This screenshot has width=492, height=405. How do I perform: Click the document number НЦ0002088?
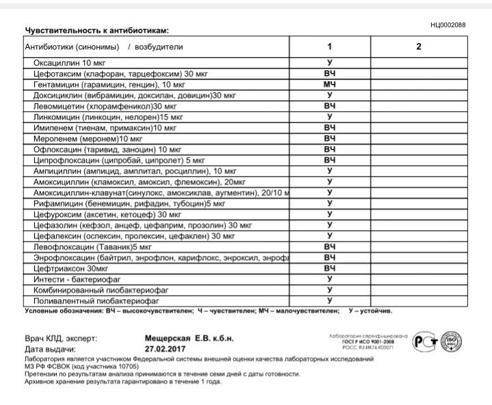click(x=448, y=25)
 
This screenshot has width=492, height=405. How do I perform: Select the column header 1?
click(x=329, y=47)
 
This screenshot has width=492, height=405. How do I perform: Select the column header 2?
click(x=418, y=47)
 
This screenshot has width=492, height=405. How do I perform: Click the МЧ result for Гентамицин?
click(x=329, y=84)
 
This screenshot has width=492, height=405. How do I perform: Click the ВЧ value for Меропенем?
click(x=329, y=139)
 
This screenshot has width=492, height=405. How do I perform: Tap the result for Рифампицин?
click(x=329, y=204)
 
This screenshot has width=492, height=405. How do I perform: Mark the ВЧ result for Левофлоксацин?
click(x=329, y=247)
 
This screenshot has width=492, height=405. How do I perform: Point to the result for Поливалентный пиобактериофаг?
click(x=329, y=301)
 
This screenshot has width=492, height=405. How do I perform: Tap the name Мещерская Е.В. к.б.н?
click(x=189, y=338)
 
